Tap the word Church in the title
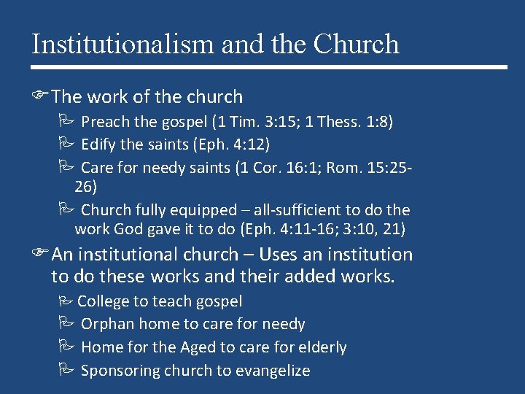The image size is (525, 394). [x=356, y=44]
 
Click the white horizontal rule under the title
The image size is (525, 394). [x=269, y=67]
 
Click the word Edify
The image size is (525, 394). [x=99, y=145]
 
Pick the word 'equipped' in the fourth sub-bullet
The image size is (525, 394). [x=206, y=210]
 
